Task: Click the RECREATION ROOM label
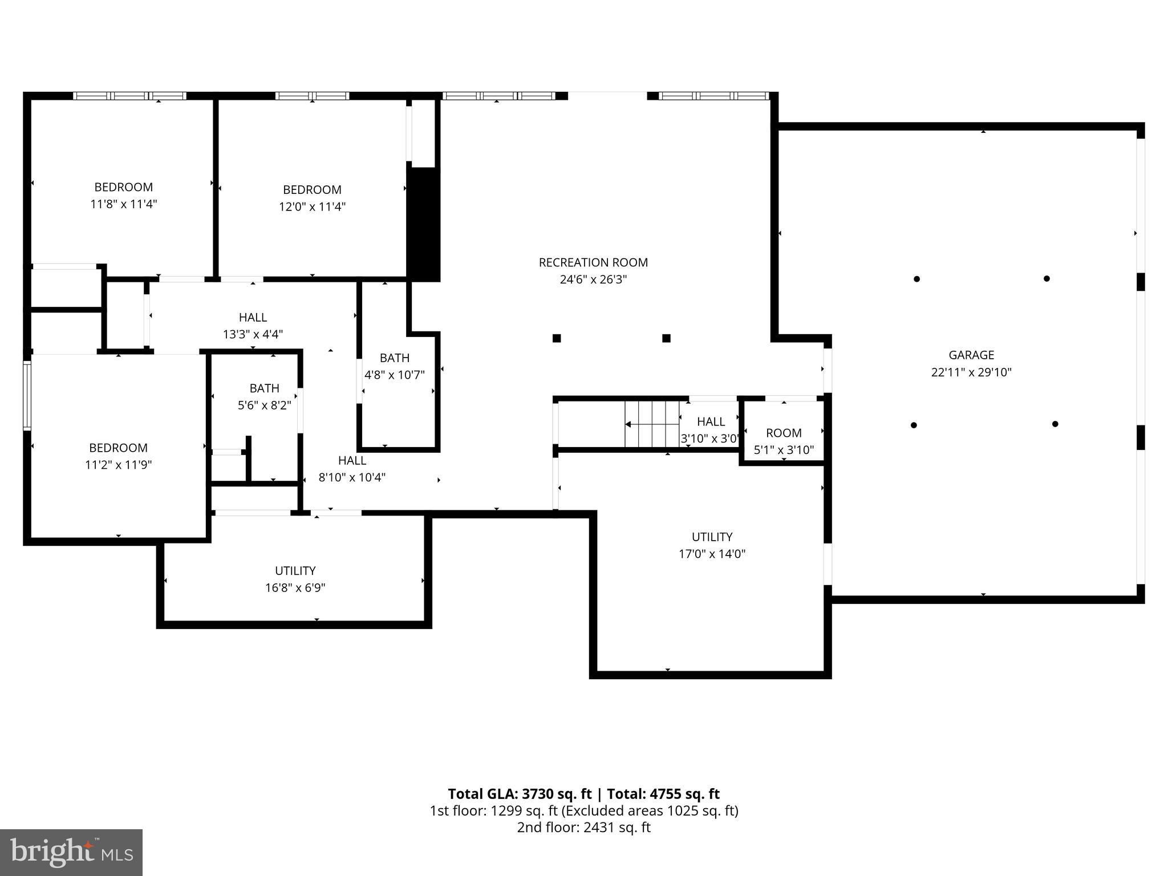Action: [593, 262]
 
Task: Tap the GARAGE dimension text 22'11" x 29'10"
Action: [971, 372]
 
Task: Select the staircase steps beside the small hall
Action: [651, 424]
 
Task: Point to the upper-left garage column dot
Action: [916, 279]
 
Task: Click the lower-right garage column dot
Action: [1055, 424]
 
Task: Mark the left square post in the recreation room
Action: [557, 338]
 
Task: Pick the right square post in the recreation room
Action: [666, 338]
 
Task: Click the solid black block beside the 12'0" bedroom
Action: [423, 224]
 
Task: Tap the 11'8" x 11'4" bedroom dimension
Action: [124, 204]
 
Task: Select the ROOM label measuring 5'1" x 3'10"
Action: [784, 433]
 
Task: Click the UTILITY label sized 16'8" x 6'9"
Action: [295, 571]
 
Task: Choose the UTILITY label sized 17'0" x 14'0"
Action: [712, 537]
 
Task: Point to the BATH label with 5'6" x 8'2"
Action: [264, 388]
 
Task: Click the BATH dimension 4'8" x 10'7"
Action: [395, 375]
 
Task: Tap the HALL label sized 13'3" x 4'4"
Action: [253, 318]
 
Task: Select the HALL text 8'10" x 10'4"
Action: [352, 477]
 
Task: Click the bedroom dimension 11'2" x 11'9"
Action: [118, 465]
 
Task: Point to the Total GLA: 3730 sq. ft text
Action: [520, 794]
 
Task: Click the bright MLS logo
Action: [71, 852]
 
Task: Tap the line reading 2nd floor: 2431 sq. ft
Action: [583, 828]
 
